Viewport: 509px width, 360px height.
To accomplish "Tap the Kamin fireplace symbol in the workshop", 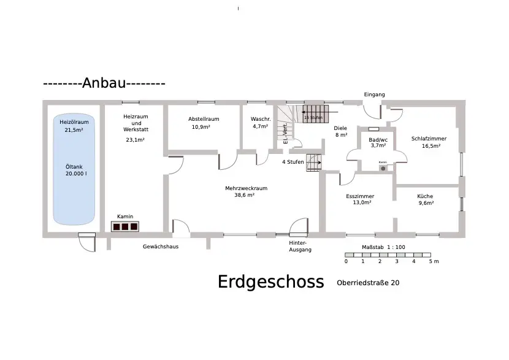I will [124, 226].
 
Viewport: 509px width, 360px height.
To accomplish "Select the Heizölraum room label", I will [74, 122].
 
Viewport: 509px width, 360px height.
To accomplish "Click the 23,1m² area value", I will [135, 140].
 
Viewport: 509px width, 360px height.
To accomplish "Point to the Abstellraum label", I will [204, 119].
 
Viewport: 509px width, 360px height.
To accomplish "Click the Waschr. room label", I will [260, 119].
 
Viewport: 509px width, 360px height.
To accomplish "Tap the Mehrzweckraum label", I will [246, 188].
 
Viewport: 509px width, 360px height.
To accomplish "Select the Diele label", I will [340, 128].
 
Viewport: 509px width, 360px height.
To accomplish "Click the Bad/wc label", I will [378, 140].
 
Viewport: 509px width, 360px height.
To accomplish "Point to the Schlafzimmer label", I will [429, 139].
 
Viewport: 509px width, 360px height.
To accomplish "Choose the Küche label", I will [426, 196].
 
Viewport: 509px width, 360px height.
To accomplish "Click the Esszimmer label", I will [360, 196].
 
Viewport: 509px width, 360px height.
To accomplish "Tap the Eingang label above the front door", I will [374, 94].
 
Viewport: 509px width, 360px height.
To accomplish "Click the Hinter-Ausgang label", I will [300, 247].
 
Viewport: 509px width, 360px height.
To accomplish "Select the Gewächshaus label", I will [160, 246].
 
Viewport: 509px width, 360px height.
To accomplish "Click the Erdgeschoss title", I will [270, 281].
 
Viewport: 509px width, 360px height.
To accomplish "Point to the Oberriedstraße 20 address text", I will [368, 283].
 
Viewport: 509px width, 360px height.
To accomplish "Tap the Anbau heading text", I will [104, 83].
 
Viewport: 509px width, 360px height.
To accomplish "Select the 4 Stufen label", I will [293, 162].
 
